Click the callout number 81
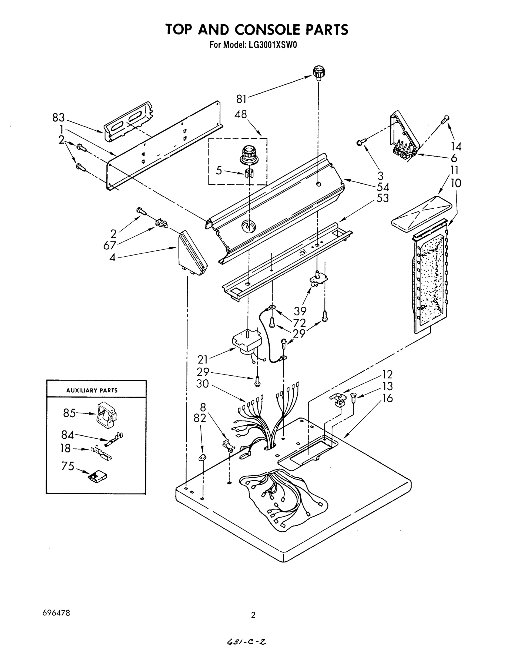coord(241,99)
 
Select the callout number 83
coord(59,118)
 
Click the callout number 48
coord(241,114)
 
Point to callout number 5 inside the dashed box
coord(219,171)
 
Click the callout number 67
coord(110,246)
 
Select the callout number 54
coord(383,187)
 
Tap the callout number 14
coord(456,147)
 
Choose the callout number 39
coord(300,311)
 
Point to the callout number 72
coord(299,323)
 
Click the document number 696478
coord(56,612)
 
